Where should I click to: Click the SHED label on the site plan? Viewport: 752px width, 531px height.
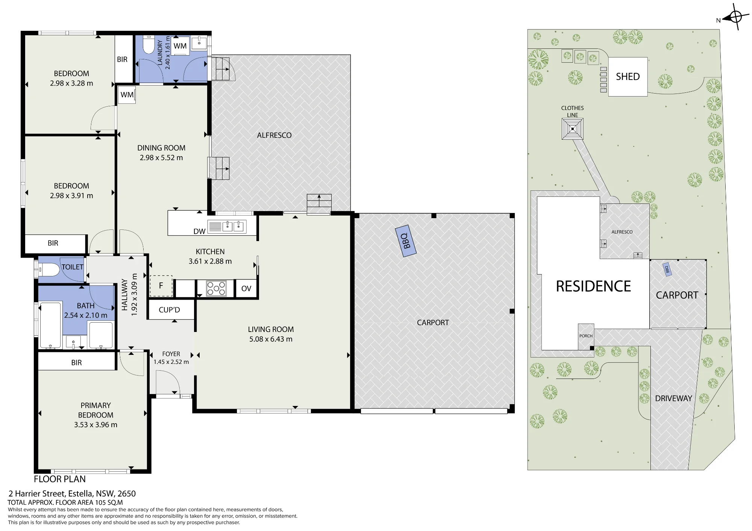628,77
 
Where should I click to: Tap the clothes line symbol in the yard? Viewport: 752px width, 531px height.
573,129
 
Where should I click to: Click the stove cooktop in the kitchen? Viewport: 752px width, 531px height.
216,288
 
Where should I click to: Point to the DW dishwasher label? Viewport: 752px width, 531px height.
199,231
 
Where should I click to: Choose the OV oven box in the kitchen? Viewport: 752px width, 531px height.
246,288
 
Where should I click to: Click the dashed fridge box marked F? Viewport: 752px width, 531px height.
161,286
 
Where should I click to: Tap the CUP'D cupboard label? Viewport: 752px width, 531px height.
169,310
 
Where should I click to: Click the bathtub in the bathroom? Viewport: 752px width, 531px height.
50,325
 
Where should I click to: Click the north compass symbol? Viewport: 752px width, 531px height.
735,17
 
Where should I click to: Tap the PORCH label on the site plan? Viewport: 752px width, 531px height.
586,336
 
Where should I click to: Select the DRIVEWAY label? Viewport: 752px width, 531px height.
673,398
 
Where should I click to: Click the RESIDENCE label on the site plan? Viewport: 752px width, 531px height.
593,286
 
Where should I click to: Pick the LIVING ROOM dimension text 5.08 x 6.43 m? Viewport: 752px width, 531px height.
271,339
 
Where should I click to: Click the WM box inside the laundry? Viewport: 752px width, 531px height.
180,46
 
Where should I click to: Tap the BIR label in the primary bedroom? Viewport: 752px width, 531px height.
76,363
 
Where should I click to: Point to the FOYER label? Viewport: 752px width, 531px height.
171,354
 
